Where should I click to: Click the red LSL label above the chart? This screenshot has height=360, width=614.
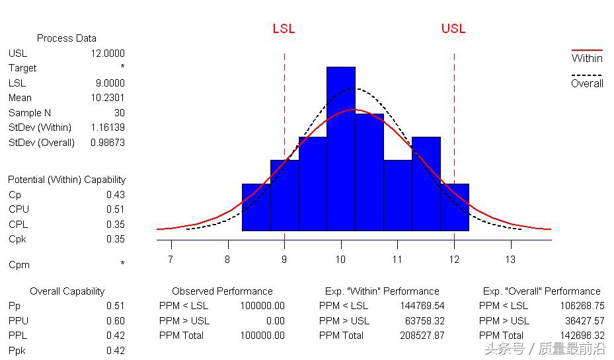284,29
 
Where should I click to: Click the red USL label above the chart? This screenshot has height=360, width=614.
453,28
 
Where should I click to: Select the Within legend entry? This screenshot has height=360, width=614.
587,58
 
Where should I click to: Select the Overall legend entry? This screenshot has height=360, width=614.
587,83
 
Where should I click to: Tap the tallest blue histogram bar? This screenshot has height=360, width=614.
340,149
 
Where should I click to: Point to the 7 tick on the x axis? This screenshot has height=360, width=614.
171,260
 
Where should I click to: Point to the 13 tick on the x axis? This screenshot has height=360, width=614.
510,260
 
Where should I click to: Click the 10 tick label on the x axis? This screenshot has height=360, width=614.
340,260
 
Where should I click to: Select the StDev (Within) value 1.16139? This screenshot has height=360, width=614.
108,127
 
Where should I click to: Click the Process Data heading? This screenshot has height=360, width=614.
66,38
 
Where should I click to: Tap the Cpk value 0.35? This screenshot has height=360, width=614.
115,239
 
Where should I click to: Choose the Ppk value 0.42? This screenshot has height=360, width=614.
115,351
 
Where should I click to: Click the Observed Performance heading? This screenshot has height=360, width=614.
222,291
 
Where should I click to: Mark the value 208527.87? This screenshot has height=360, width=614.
422,336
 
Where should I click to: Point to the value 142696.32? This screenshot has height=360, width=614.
582,336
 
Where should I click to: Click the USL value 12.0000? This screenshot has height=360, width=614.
108,54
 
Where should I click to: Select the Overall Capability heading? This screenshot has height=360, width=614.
67,291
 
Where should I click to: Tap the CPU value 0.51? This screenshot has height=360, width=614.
115,209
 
